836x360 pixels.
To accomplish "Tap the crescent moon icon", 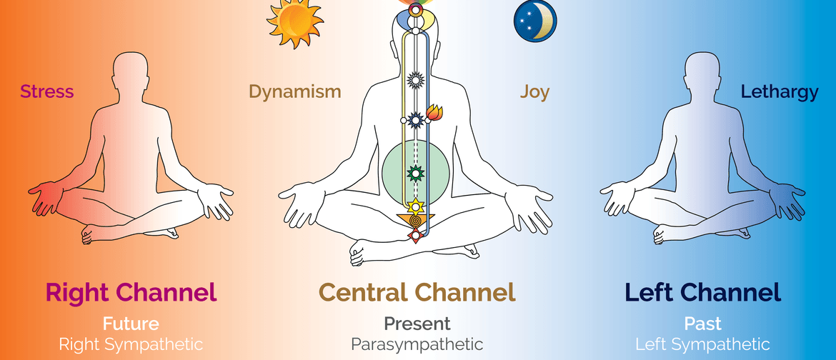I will click(534, 21).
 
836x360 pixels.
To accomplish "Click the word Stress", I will click(47, 91).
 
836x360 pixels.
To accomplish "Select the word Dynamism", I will click(294, 91).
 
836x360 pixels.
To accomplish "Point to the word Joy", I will click(534, 91).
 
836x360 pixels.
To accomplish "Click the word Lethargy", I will click(780, 91).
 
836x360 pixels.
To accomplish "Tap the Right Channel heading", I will click(131, 292).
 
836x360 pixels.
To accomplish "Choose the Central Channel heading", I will click(417, 292).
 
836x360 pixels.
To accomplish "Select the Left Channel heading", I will click(702, 292).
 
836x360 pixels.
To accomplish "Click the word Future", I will click(131, 324).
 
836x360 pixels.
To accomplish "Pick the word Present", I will click(417, 324).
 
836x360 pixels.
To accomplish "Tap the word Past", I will click(702, 324).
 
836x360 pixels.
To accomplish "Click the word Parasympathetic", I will click(417, 344).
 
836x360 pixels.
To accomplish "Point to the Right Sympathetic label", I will click(131, 344).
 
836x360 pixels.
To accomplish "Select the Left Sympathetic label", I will click(702, 344).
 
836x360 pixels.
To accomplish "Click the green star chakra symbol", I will click(414, 172).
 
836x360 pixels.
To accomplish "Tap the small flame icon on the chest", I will click(433, 112).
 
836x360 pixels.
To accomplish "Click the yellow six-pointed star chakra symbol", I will click(414, 207).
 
